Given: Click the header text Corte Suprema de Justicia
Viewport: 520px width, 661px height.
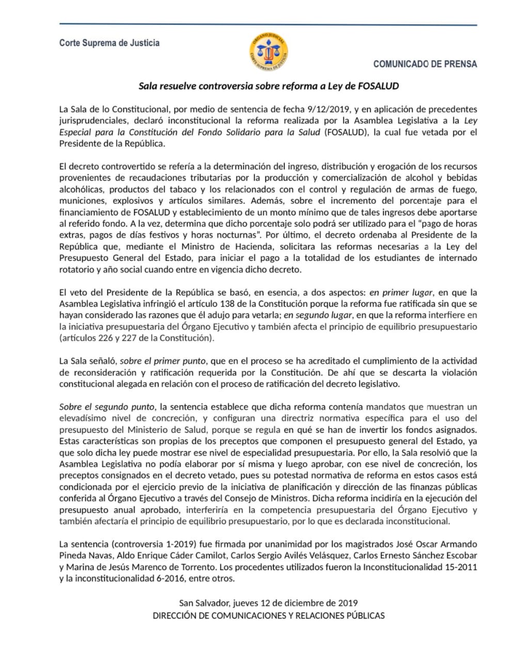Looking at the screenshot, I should [x=109, y=43].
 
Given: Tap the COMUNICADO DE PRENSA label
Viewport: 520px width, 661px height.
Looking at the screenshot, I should [x=425, y=64].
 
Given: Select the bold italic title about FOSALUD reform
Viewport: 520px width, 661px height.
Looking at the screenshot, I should [x=269, y=86].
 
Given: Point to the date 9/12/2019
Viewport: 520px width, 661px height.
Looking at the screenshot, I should [x=329, y=109].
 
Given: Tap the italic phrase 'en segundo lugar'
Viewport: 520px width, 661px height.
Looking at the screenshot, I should [x=318, y=314].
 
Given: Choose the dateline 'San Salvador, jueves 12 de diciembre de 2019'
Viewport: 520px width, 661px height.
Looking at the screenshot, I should [x=269, y=603].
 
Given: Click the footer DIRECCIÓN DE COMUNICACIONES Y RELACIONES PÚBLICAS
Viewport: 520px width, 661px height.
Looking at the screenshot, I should [x=269, y=616].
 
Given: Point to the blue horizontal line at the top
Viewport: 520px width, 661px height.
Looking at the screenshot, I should [x=269, y=24].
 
